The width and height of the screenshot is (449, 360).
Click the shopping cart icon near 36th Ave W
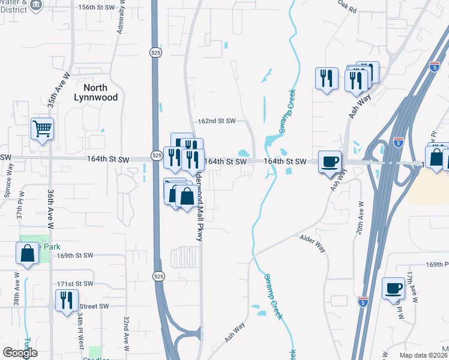pos(43,128)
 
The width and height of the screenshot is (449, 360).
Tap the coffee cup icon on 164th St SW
pos(330,161)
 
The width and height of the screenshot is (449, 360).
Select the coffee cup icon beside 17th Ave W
pos(394,287)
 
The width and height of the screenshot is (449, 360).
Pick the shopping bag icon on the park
pos(27,253)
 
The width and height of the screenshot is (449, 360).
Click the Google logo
pos(20,353)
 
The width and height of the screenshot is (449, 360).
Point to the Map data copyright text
pos(424,355)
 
